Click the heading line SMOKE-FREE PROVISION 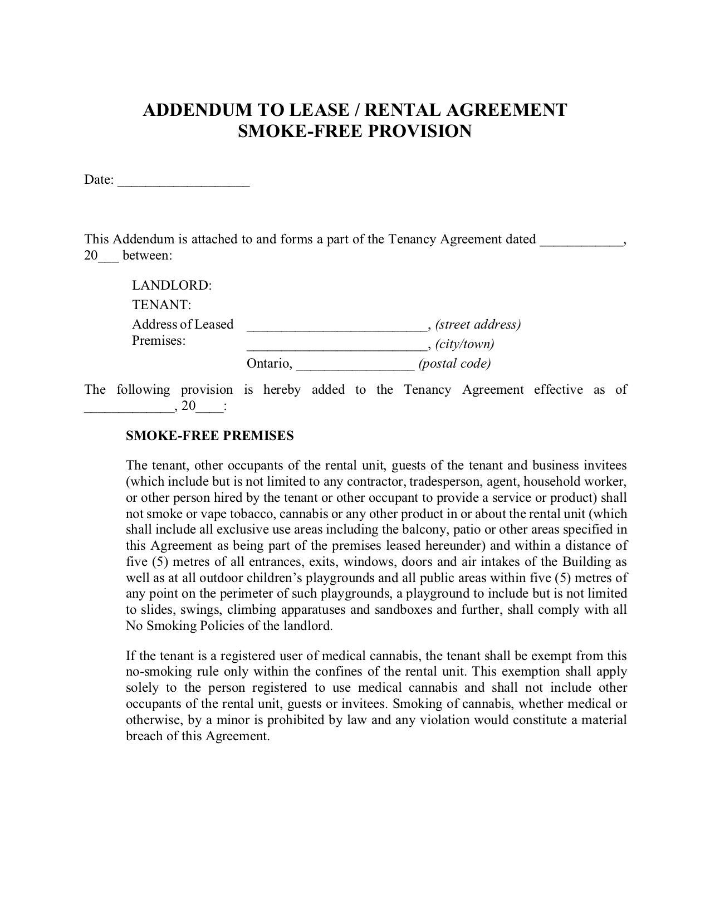tap(355, 131)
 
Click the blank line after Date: tap(184, 182)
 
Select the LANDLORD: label tap(172, 286)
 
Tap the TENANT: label tap(161, 305)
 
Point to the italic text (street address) tap(478, 325)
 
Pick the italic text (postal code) tap(454, 364)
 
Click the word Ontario tap(268, 364)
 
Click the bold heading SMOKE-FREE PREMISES tap(210, 436)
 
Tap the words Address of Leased tap(183, 325)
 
